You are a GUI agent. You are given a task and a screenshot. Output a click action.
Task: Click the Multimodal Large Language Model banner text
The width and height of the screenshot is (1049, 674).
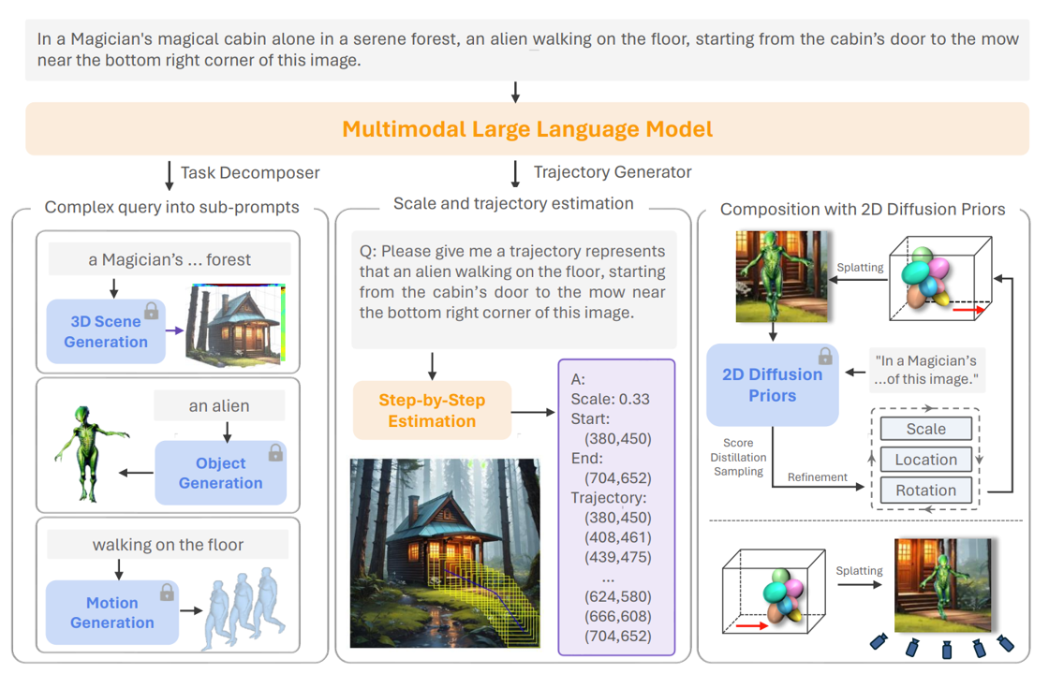tap(527, 129)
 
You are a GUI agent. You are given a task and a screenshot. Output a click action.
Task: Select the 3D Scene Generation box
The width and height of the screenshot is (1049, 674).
tap(106, 331)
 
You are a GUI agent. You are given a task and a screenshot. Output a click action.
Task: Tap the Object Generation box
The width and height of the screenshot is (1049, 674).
tap(221, 473)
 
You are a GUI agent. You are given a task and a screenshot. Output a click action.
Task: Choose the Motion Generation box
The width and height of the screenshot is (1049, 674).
tap(112, 612)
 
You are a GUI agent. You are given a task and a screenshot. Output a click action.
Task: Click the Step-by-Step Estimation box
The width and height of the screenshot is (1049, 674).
tap(432, 410)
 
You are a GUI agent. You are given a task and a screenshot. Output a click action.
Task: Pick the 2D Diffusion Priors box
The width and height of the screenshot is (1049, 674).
tap(772, 385)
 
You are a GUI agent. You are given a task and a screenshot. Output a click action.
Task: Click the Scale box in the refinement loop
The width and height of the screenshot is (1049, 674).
tap(925, 429)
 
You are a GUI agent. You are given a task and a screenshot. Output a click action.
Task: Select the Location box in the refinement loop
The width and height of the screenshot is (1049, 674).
tap(925, 460)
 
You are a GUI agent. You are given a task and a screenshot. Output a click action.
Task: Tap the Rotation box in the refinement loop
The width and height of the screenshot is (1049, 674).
tap(925, 490)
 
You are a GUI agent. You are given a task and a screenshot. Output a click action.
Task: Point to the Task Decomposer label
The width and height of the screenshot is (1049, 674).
tap(249, 172)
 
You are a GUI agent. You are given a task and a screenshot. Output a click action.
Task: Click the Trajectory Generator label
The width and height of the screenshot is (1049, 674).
tap(613, 171)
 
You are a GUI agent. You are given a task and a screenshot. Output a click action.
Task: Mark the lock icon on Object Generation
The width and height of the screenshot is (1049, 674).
tap(275, 453)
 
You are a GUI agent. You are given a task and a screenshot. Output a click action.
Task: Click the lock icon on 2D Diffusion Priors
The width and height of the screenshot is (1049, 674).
tap(825, 356)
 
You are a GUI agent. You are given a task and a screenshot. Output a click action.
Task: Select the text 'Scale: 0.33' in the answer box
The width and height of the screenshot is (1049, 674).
tap(610, 399)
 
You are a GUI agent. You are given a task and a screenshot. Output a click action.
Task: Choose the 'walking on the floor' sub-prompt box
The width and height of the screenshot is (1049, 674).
tap(168, 545)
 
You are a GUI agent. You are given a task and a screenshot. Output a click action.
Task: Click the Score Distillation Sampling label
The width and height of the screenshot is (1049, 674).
tap(745, 458)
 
